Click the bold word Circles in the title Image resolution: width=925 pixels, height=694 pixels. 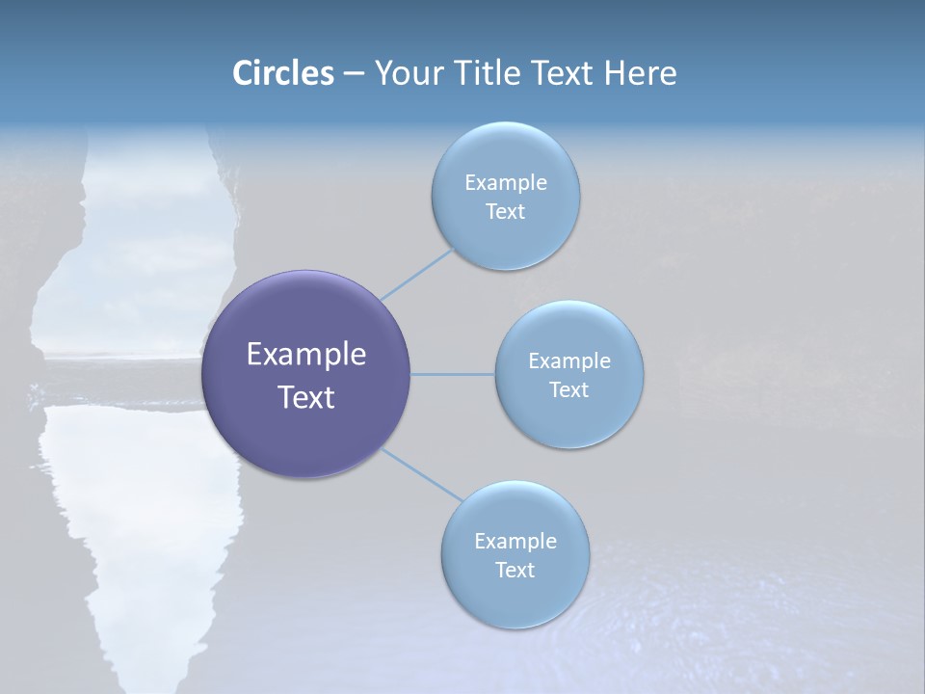pyautogui.click(x=282, y=73)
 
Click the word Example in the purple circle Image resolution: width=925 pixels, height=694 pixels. pyautogui.click(x=306, y=355)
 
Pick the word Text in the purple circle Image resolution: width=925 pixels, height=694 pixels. pyautogui.click(x=306, y=397)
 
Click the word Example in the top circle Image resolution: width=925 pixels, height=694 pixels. pyautogui.click(x=505, y=182)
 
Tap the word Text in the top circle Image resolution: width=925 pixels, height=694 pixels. pyautogui.click(x=505, y=211)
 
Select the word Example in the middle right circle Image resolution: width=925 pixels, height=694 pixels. pyautogui.click(x=568, y=360)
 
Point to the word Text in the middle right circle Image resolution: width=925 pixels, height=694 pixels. pyautogui.click(x=568, y=389)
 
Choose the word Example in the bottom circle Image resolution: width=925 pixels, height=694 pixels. pyautogui.click(x=515, y=541)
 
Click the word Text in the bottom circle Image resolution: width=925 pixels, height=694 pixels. pyautogui.click(x=515, y=570)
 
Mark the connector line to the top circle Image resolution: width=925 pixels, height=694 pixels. pyautogui.click(x=416, y=274)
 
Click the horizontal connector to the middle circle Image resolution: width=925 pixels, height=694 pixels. pyautogui.click(x=452, y=374)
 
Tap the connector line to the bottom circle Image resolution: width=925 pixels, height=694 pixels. pyautogui.click(x=422, y=474)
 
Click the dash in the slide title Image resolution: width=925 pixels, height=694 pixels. pyautogui.click(x=353, y=73)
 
